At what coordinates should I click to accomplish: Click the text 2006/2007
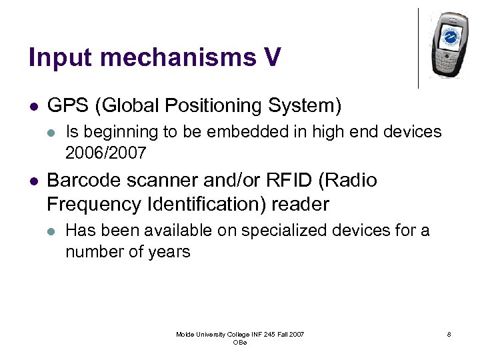click(105, 153)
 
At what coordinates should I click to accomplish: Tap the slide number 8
click(449, 334)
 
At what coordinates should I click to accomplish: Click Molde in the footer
click(185, 334)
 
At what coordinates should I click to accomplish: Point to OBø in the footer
click(240, 342)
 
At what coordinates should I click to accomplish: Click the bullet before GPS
click(33, 106)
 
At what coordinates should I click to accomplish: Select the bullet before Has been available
click(51, 231)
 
